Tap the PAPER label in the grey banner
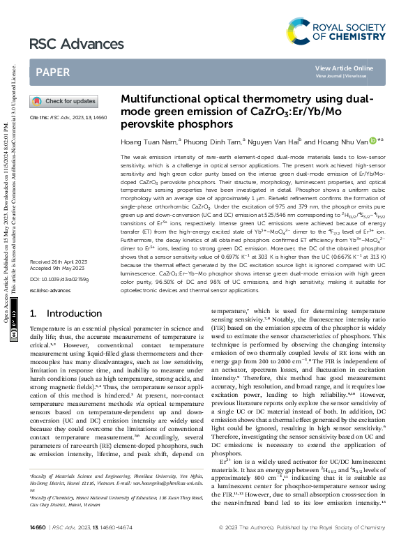pyautogui.click(x=52, y=72)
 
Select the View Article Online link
pyautogui.click(x=344, y=68)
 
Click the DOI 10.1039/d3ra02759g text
pyautogui.click(x=61, y=299)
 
